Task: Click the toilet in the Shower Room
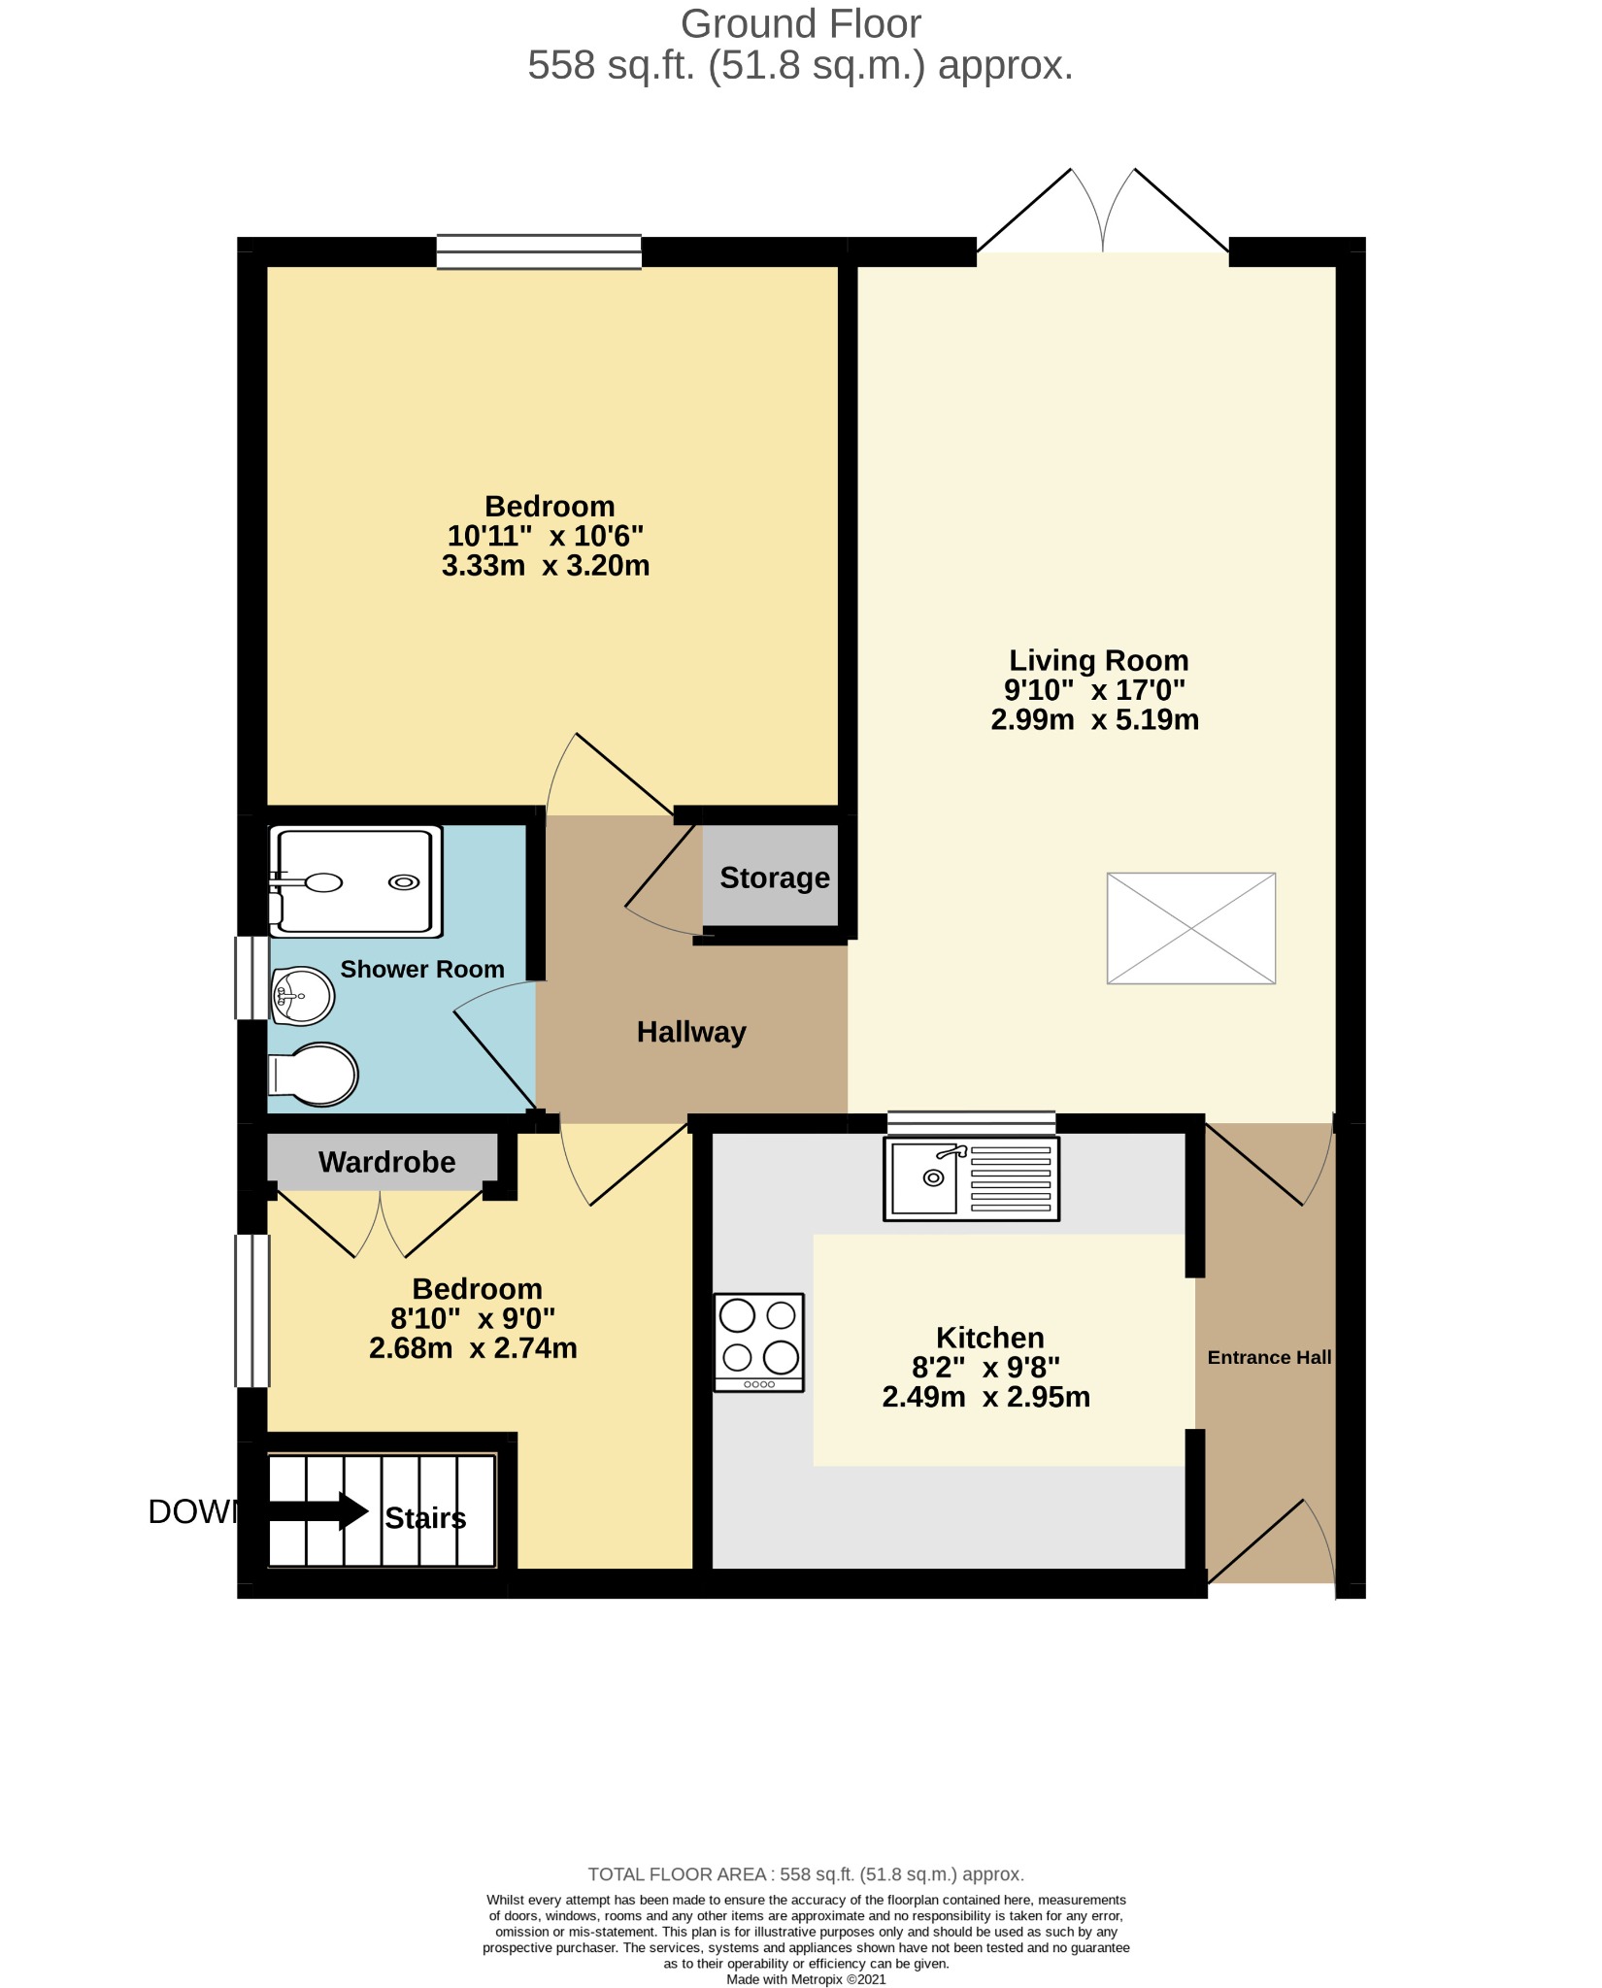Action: point(314,1075)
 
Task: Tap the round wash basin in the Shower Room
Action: point(302,996)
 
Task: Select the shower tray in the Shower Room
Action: point(355,881)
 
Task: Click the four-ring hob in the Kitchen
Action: point(759,1342)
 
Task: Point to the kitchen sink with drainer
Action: point(971,1178)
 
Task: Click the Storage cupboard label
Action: point(775,878)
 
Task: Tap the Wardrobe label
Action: point(387,1162)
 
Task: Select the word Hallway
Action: point(691,1032)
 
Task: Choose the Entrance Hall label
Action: point(1269,1357)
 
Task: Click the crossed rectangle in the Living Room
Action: point(1191,928)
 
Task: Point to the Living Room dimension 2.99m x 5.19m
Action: point(1095,719)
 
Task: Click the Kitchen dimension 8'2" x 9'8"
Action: point(986,1367)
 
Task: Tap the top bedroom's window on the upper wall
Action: point(539,251)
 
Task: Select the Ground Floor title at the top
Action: point(801,23)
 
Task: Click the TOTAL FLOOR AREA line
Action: point(806,1874)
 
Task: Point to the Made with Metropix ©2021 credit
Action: point(806,1979)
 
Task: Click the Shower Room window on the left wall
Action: point(252,977)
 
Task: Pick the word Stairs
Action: point(425,1518)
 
